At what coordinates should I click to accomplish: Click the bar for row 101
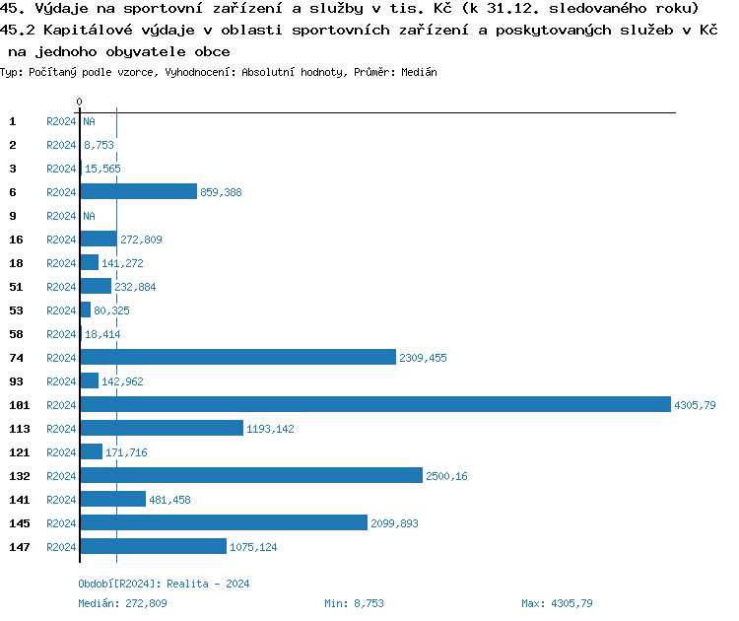[x=374, y=405]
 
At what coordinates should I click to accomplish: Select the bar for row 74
[x=237, y=358]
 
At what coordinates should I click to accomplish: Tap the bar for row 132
[x=250, y=476]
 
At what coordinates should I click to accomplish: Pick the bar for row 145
[x=224, y=523]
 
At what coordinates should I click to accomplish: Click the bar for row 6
[x=139, y=192]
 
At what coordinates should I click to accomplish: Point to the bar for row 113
[x=162, y=429]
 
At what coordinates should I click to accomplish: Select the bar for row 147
[x=153, y=547]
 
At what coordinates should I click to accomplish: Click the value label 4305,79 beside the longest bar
[x=695, y=405]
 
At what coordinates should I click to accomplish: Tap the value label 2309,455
[x=423, y=358]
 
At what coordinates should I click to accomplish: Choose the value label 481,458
[x=169, y=500]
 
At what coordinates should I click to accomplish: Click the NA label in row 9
[x=89, y=216]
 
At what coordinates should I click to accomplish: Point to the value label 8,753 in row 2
[x=99, y=145]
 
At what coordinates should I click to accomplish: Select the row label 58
[x=16, y=334]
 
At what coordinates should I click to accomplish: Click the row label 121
[x=20, y=452]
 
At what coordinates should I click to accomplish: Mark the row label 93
[x=16, y=381]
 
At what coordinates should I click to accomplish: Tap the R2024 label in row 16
[x=61, y=240]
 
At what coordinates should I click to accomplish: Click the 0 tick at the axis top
[x=79, y=102]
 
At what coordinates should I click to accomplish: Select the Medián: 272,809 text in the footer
[x=123, y=603]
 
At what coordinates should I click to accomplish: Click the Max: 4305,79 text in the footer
[x=557, y=603]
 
